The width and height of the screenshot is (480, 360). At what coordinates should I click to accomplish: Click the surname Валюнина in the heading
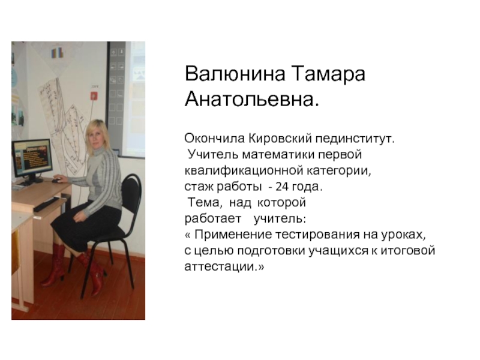(x=235, y=74)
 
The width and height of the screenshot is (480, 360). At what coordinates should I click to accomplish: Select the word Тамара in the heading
(x=329, y=74)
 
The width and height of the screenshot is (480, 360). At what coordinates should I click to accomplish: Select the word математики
(x=278, y=155)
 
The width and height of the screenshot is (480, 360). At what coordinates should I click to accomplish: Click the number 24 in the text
(x=282, y=187)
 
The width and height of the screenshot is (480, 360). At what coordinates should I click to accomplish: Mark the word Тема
(x=203, y=203)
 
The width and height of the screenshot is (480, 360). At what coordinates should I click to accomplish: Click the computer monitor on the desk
(x=32, y=158)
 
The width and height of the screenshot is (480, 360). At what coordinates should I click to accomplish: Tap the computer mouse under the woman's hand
(x=57, y=181)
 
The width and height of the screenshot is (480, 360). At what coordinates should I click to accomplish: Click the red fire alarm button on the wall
(x=94, y=96)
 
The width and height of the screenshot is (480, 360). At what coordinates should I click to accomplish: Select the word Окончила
(x=214, y=139)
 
